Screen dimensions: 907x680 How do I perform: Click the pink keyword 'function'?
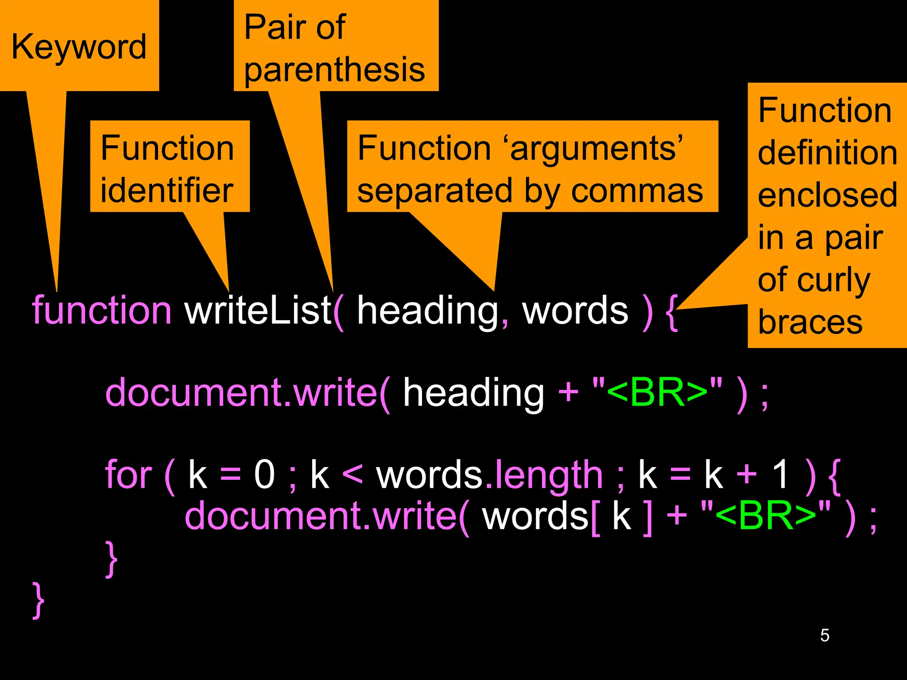coord(101,310)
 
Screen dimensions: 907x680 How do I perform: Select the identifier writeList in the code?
coord(258,310)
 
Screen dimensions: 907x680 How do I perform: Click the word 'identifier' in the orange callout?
coord(167,190)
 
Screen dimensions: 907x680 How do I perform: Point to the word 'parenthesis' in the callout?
coord(334,70)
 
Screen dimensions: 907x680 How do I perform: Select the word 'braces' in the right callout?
coord(810,322)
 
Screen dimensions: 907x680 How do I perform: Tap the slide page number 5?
coord(825,635)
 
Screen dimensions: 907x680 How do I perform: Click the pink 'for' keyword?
coord(128,475)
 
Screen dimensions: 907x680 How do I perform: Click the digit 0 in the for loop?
coord(264,475)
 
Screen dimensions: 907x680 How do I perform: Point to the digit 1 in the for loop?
coord(780,475)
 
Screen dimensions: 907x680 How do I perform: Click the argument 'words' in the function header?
coord(575,310)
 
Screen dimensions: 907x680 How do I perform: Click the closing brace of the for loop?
coord(112,559)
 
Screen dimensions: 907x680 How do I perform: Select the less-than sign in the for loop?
coord(353,475)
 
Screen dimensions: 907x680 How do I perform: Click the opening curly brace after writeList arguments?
coord(672,312)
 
